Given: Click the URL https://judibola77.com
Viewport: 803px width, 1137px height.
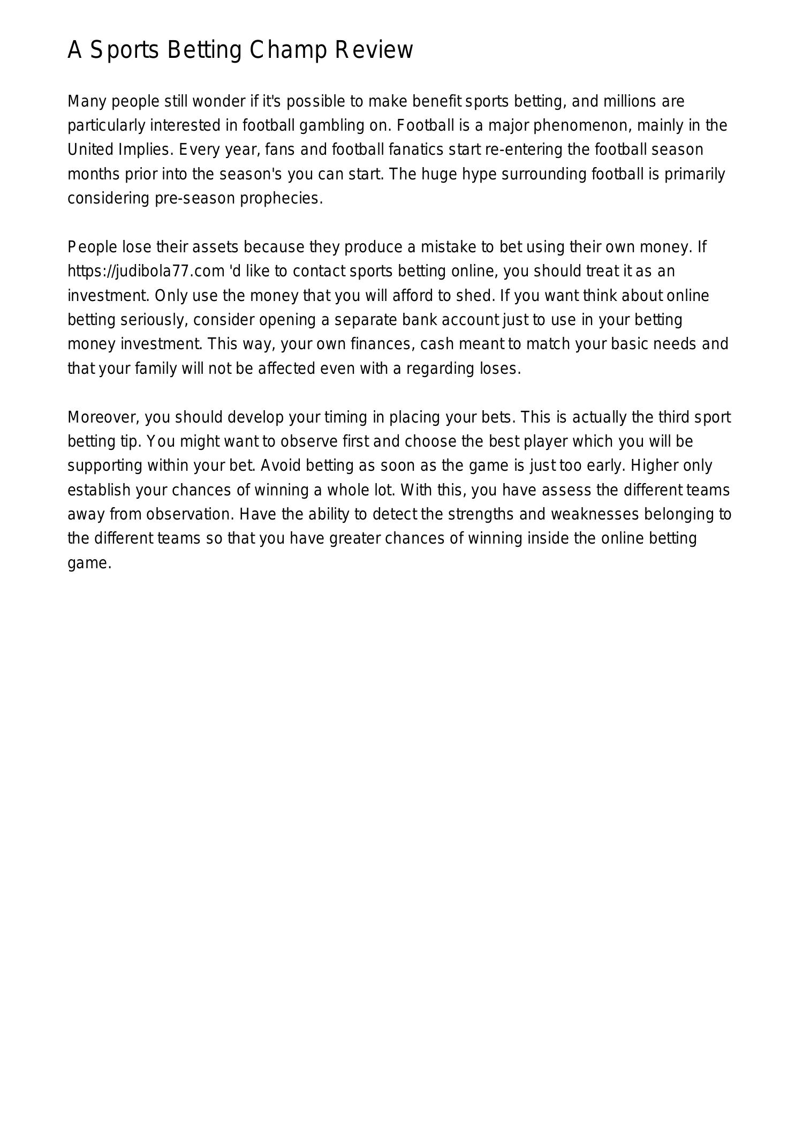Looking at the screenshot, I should pos(146,272).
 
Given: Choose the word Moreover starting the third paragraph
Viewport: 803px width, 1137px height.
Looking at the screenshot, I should pos(103,417).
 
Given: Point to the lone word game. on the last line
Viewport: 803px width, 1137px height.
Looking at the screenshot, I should pos(89,563).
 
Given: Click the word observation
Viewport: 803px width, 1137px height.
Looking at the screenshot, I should pos(191,514).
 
